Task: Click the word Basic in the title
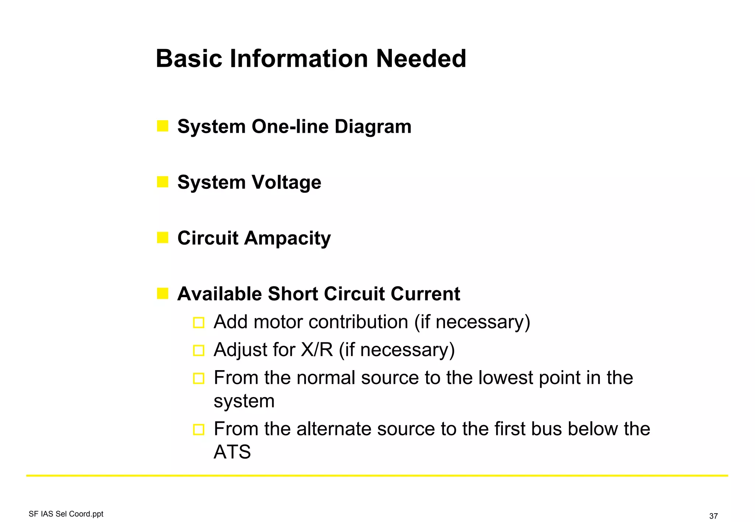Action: pyautogui.click(x=189, y=59)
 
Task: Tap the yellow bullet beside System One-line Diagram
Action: pyautogui.click(x=163, y=126)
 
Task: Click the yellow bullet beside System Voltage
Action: pyautogui.click(x=163, y=182)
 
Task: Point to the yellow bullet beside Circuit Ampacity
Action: pyautogui.click(x=163, y=237)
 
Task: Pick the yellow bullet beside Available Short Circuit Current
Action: pyautogui.click(x=163, y=293)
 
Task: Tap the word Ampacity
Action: pyautogui.click(x=287, y=239)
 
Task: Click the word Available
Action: pyautogui.click(x=220, y=294)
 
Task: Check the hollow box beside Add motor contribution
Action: pyautogui.click(x=199, y=323)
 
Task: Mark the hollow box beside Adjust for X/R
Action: pyautogui.click(x=199, y=351)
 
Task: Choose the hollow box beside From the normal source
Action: pyautogui.click(x=199, y=379)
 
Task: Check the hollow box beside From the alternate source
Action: pyautogui.click(x=199, y=429)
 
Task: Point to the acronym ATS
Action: pyautogui.click(x=232, y=452)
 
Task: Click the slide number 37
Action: pyautogui.click(x=713, y=516)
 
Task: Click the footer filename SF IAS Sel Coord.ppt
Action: pyautogui.click(x=66, y=514)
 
